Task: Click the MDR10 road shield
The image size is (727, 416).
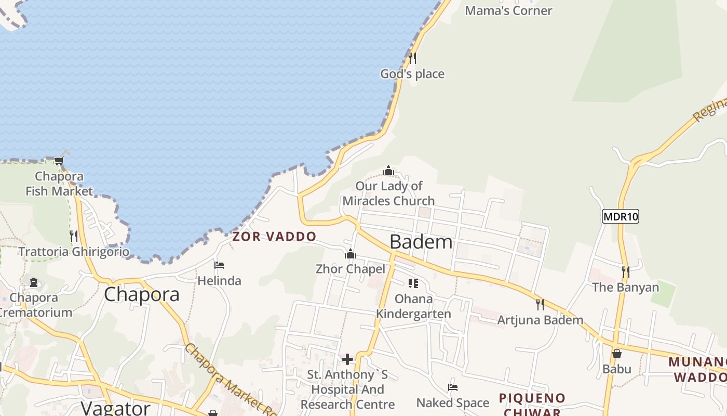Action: pos(620,216)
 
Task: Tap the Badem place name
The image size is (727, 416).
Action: pos(421,242)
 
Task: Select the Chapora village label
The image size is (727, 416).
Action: pos(142,294)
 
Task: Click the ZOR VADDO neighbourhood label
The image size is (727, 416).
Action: pos(274,237)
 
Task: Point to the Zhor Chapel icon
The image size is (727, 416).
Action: pos(351,254)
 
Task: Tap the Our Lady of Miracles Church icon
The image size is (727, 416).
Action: pos(388,171)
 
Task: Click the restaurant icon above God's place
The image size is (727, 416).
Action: pos(412,58)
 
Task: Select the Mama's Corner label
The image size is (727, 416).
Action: pos(508,10)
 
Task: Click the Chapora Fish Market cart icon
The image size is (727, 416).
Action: pos(59,161)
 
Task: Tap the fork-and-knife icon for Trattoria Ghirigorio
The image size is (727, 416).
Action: pos(74,236)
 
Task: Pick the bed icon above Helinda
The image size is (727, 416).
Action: pos(219,265)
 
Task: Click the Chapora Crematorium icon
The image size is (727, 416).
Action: pos(34,282)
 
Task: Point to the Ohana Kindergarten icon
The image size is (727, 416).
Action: pos(413,283)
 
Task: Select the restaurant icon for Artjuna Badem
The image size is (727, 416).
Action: pos(540,304)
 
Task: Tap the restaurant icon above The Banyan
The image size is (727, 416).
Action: pos(625,271)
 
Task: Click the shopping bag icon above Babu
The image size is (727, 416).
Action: pos(617,354)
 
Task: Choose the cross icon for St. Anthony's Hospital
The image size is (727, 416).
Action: pos(347,359)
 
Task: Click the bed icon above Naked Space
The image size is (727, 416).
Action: pos(453,387)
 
